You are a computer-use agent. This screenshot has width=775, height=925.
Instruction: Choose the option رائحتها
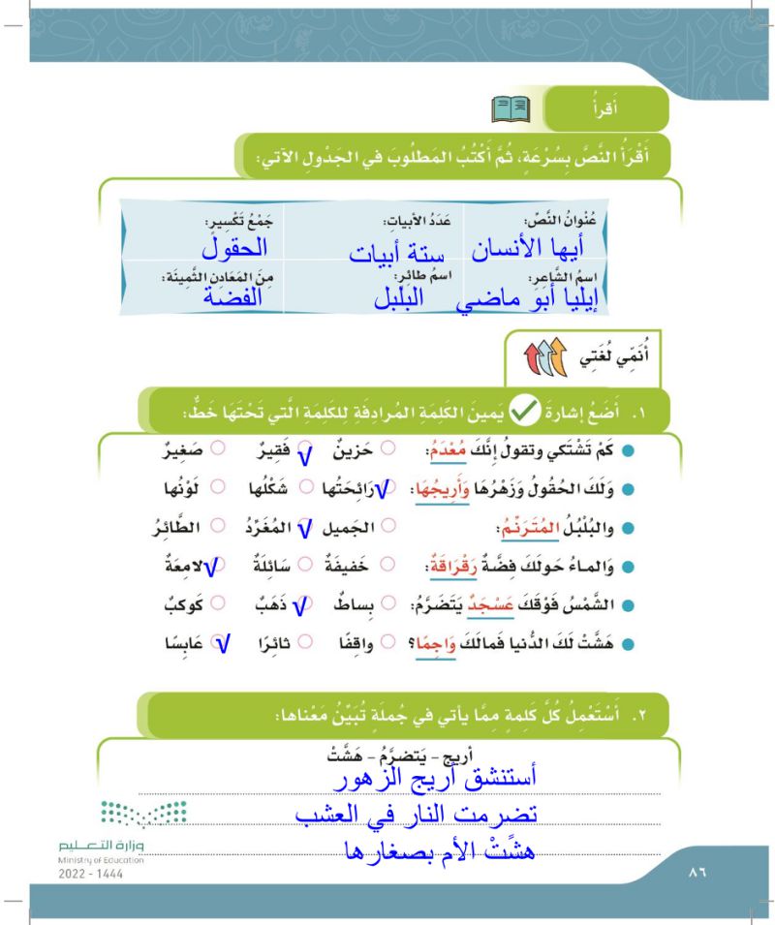pyautogui.click(x=335, y=492)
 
